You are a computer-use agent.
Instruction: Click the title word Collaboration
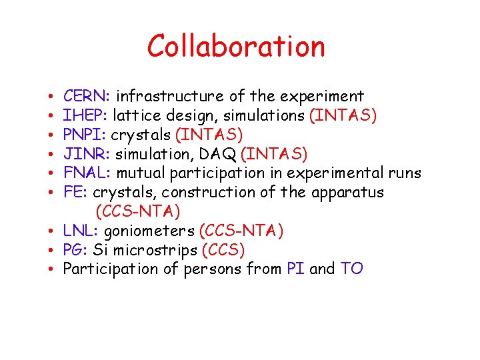point(236,46)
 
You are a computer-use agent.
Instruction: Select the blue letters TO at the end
point(351,269)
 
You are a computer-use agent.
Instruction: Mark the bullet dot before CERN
point(51,97)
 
